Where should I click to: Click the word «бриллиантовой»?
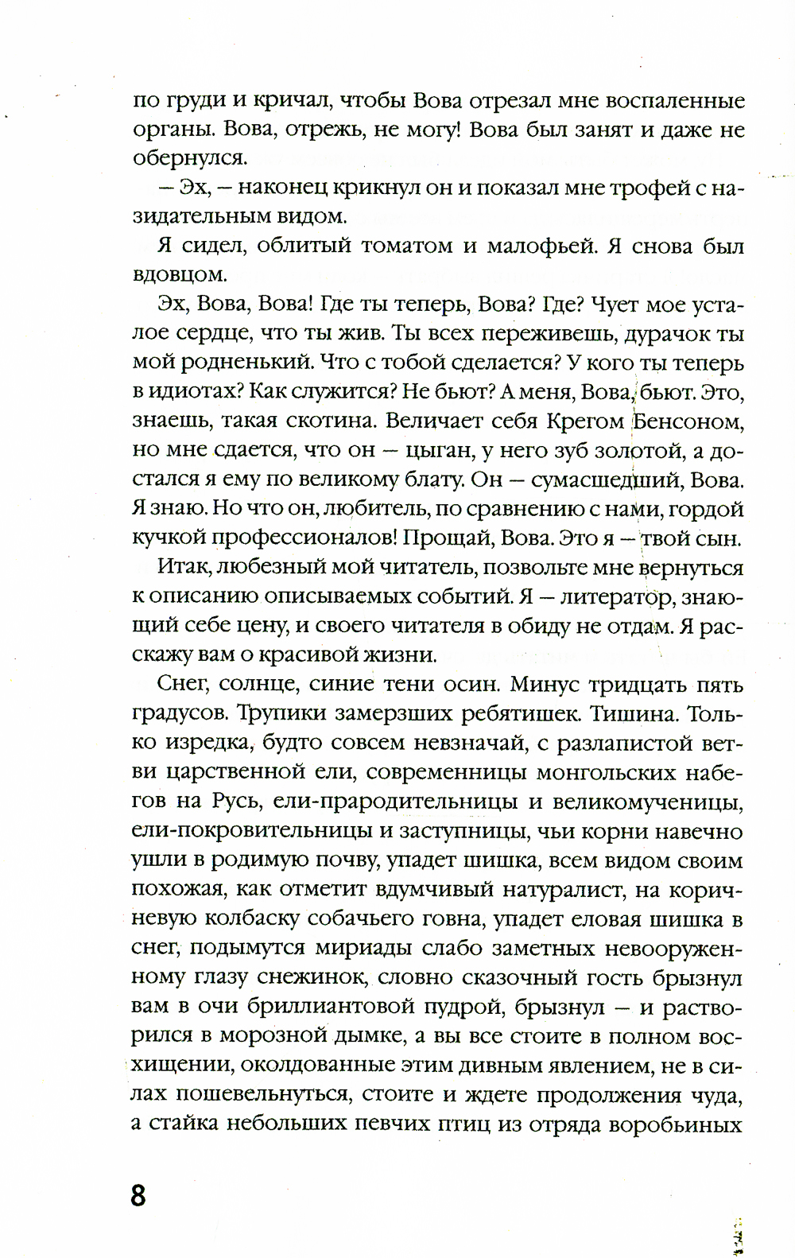pyautogui.click(x=319, y=1007)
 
